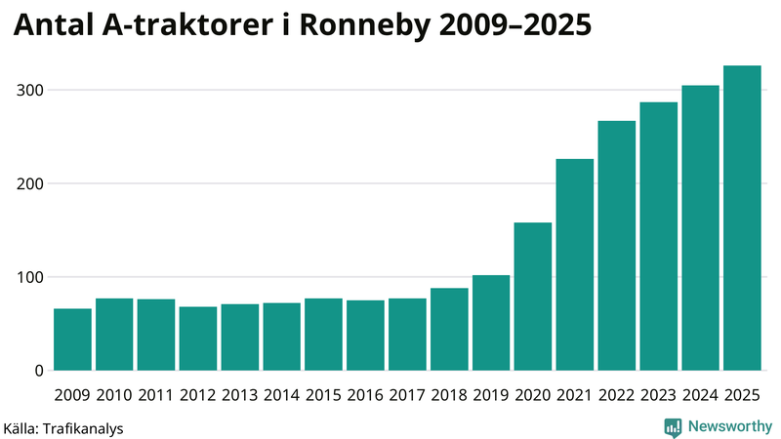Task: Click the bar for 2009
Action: (72, 339)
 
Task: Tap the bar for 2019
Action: (491, 323)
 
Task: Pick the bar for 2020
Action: (533, 297)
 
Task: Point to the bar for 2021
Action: (575, 264)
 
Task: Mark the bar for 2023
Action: (658, 236)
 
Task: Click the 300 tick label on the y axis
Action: (29, 90)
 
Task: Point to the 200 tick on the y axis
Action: (29, 183)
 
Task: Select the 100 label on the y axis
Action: (29, 277)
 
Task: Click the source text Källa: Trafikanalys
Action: (63, 427)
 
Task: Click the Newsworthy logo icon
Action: (673, 426)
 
